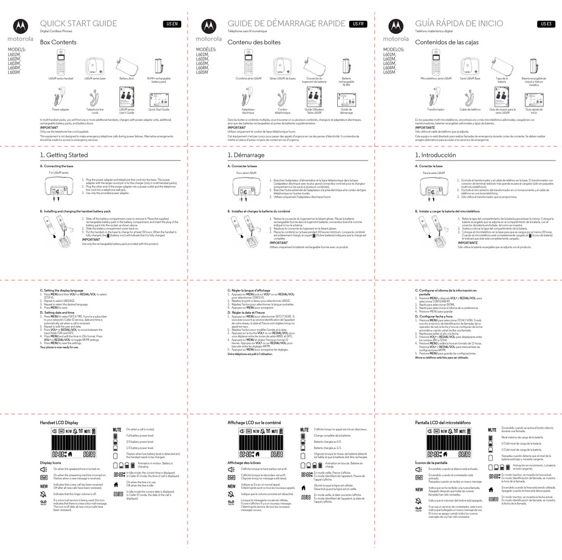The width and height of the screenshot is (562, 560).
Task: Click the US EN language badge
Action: [171, 24]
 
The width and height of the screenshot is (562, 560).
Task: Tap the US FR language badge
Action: [358, 24]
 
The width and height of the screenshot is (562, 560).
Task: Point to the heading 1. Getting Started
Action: [63, 155]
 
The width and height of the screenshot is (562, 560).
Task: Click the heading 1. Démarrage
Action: [246, 155]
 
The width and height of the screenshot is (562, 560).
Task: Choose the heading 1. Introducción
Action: [435, 155]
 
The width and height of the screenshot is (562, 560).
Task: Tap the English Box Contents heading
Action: [58, 43]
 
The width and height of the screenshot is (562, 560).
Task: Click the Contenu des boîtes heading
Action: [254, 43]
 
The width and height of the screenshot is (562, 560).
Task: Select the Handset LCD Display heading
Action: [59, 423]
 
